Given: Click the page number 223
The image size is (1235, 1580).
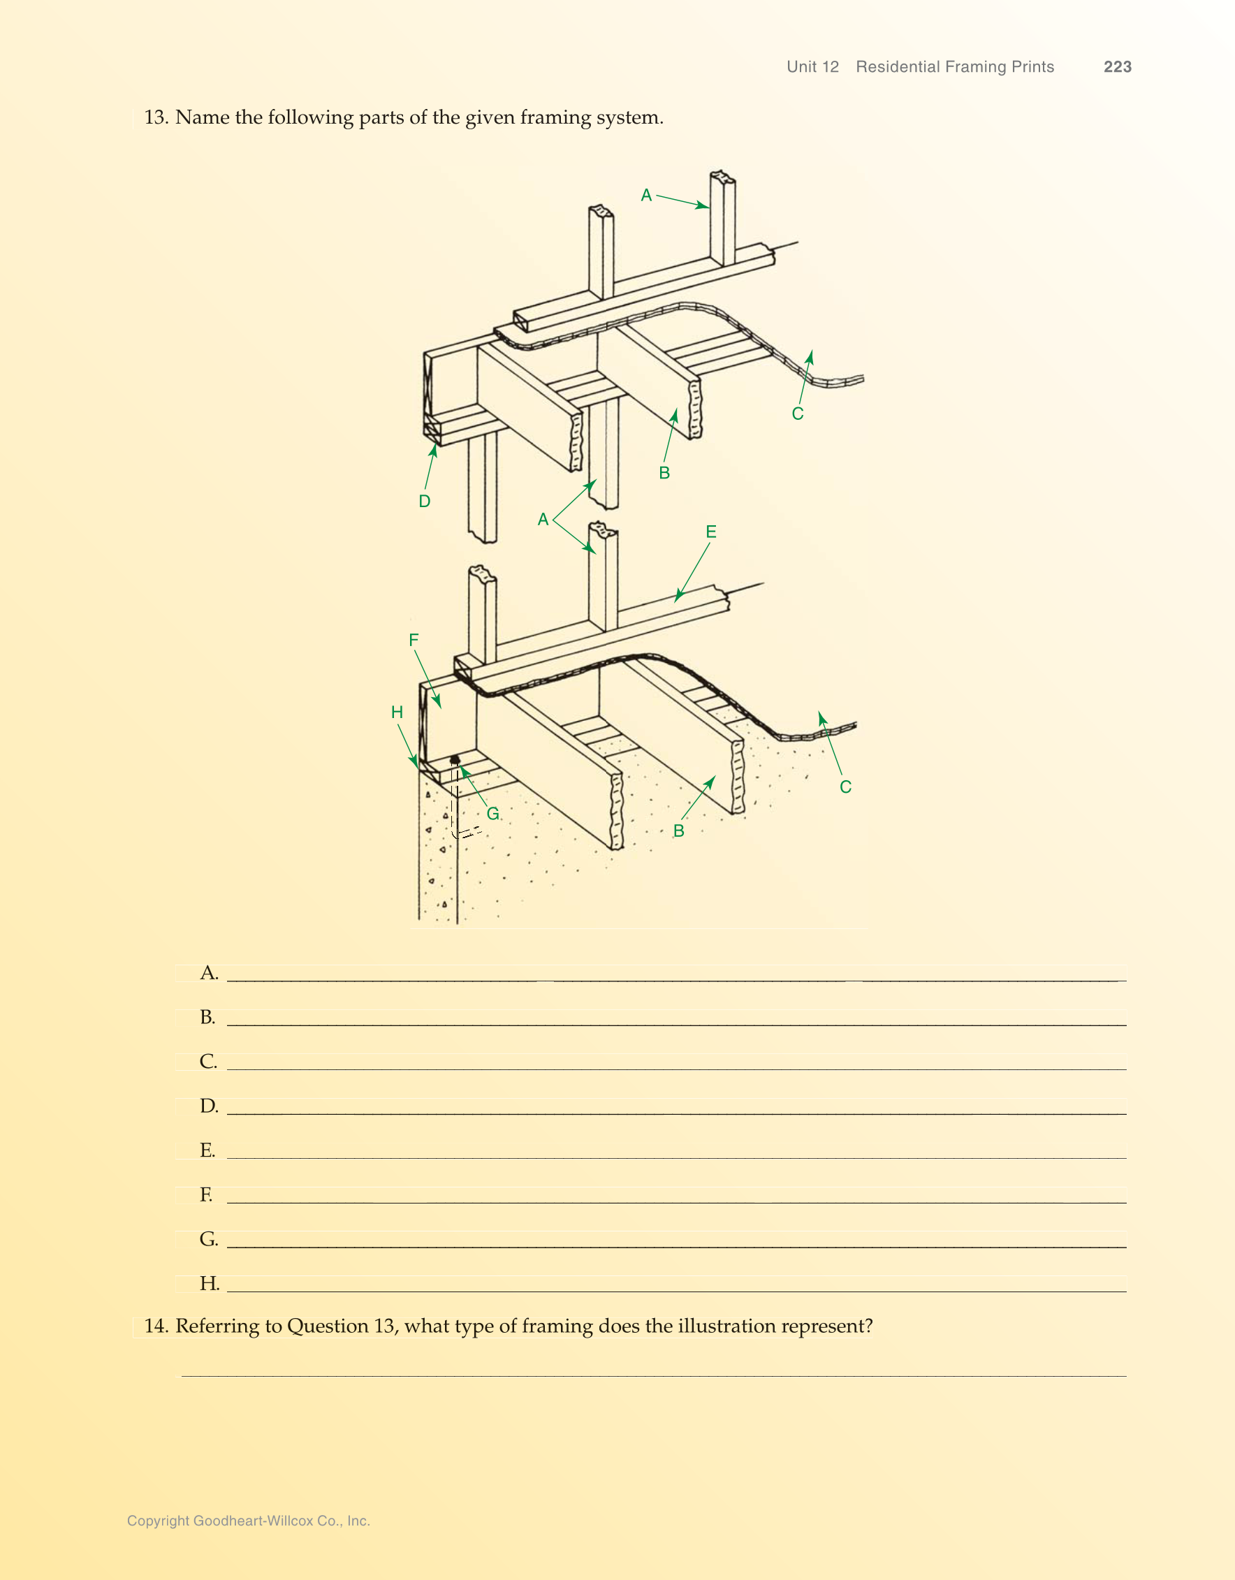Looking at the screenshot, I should pyautogui.click(x=1117, y=66).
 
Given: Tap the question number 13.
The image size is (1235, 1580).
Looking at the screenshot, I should pyautogui.click(x=156, y=117).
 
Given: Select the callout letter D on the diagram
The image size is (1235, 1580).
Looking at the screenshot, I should pyautogui.click(x=425, y=502).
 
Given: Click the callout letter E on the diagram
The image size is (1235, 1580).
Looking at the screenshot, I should pyautogui.click(x=710, y=532).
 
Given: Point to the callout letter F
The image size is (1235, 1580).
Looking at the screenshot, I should pyautogui.click(x=414, y=641).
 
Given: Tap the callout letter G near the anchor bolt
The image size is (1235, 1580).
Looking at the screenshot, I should pyautogui.click(x=492, y=814).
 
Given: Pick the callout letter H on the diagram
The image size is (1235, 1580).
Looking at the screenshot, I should pyautogui.click(x=397, y=712).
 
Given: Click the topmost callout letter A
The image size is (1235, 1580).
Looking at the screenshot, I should pyautogui.click(x=646, y=196).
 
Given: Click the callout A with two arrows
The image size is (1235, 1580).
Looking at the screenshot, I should pyautogui.click(x=543, y=520).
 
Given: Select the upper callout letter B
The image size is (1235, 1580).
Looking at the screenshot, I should pyautogui.click(x=664, y=473).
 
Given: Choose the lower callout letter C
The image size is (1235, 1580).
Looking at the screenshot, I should pyautogui.click(x=845, y=787).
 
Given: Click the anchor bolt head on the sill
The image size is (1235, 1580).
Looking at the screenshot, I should pyautogui.click(x=454, y=760).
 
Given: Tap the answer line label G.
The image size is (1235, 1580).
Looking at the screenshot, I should pyautogui.click(x=208, y=1239).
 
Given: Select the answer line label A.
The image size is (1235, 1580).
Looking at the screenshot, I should pyautogui.click(x=208, y=973).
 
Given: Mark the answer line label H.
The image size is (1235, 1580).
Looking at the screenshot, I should pyautogui.click(x=209, y=1283).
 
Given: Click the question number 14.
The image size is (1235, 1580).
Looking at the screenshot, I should pyautogui.click(x=156, y=1326).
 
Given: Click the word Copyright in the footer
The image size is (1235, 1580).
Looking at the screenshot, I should pyautogui.click(x=158, y=1521).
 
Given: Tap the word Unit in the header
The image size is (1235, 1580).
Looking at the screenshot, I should pyautogui.click(x=802, y=66).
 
